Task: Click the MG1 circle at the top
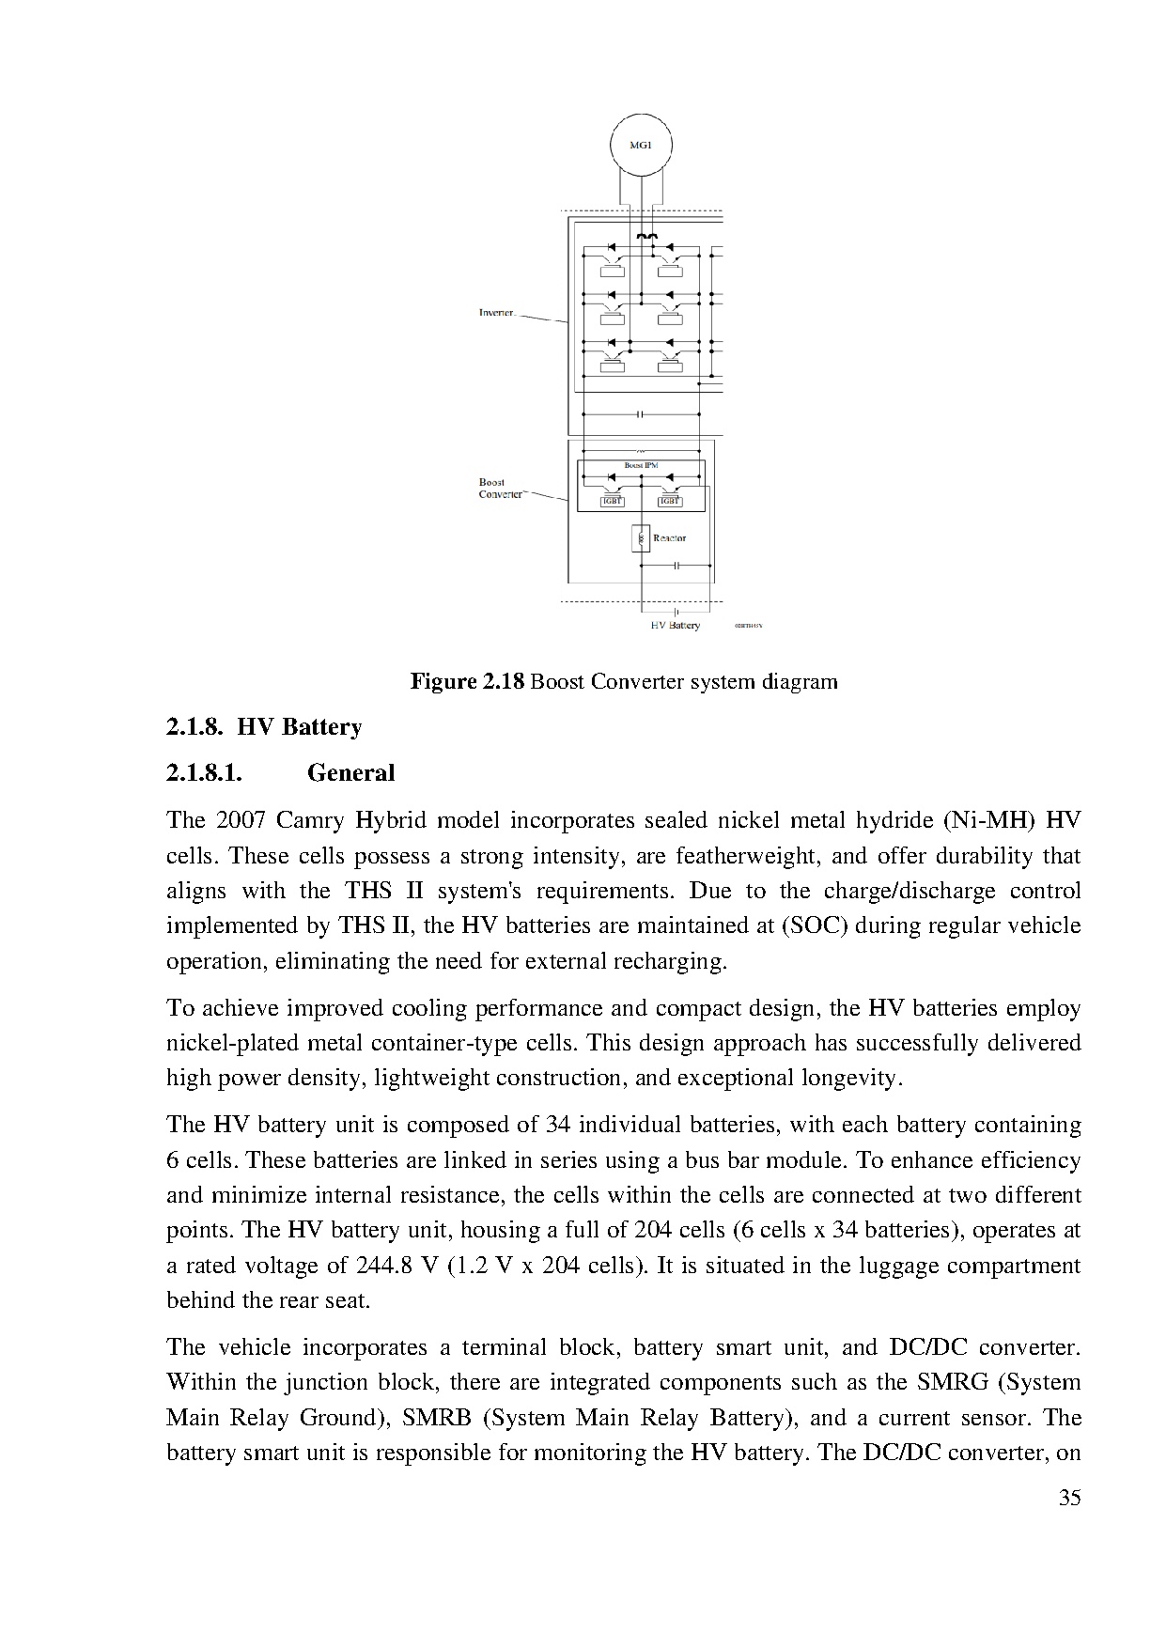coord(641,146)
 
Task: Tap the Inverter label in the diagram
coord(497,313)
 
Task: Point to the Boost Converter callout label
coord(500,488)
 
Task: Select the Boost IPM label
coord(642,465)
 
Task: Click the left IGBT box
coord(612,502)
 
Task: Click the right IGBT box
coord(669,502)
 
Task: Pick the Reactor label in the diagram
coord(669,538)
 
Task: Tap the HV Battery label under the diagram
coord(675,625)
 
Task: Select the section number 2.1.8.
coord(195,726)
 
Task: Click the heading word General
coord(350,772)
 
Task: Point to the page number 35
coord(1069,1498)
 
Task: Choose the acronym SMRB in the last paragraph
coord(436,1417)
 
